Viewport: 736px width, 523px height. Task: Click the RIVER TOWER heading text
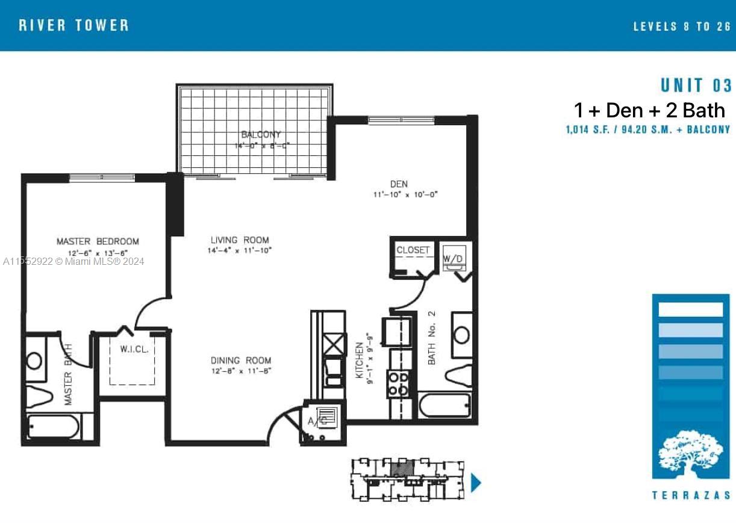[73, 25]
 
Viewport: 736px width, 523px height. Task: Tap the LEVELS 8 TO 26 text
[682, 26]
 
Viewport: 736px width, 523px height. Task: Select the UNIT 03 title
[696, 85]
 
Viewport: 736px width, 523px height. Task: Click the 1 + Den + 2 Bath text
[649, 110]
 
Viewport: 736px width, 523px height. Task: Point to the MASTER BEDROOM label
[98, 241]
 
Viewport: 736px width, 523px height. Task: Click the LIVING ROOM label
[240, 240]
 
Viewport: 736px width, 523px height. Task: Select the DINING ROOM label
[241, 361]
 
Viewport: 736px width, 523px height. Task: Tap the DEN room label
[398, 184]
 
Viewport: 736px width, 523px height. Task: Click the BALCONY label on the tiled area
[261, 135]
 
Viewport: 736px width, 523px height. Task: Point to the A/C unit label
[317, 421]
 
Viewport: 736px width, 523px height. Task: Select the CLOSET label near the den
[413, 250]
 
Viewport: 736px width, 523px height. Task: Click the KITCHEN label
[360, 361]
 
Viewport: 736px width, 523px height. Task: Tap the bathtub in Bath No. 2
[444, 405]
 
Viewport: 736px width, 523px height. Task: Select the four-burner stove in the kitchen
[398, 384]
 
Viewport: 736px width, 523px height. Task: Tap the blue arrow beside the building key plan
[476, 483]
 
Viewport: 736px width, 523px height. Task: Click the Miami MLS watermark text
[73, 261]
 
